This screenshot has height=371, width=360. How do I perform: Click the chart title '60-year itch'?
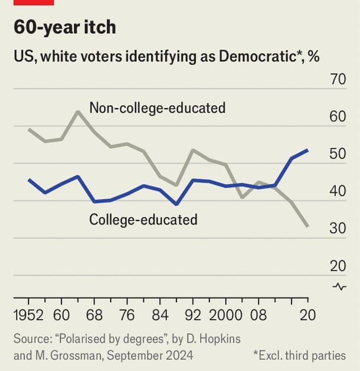[x=65, y=27]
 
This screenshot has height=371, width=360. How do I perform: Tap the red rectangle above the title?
[x=33, y=2]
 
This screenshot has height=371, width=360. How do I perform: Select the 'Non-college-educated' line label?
[x=157, y=108]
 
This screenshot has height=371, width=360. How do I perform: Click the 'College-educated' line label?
[x=143, y=220]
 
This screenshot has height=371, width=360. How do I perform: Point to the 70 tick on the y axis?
[x=337, y=79]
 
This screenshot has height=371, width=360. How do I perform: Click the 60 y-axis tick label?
[x=337, y=117]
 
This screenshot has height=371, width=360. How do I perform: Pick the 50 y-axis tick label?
[x=337, y=154]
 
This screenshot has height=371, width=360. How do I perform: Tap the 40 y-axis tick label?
[x=337, y=191]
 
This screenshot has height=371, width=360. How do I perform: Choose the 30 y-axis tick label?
[x=337, y=229]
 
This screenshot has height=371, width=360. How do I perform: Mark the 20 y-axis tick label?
[x=337, y=266]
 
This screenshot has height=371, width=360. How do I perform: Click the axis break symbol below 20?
[x=339, y=287]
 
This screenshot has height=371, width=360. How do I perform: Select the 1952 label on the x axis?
[x=27, y=314]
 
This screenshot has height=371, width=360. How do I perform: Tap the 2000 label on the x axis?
[x=226, y=314]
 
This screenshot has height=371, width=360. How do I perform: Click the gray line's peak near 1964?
[x=78, y=111]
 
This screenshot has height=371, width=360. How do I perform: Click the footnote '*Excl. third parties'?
[x=300, y=356]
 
